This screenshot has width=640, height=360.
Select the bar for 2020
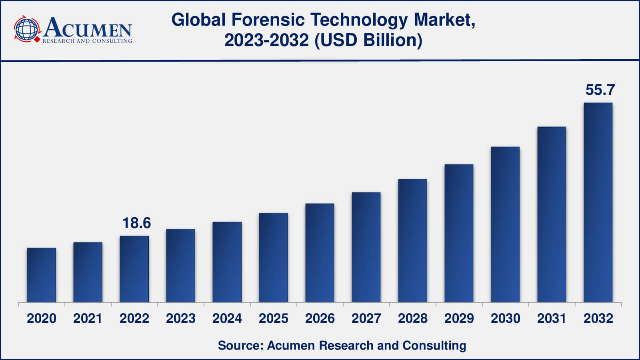coord(42,275)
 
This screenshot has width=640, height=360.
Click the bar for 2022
coord(134,269)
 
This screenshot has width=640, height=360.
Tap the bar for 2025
coord(273,258)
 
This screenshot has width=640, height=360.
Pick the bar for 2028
coord(412,240)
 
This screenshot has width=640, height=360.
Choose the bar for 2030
coord(505,224)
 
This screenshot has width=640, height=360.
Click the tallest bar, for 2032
coord(598,202)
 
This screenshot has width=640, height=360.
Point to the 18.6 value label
coord(136,223)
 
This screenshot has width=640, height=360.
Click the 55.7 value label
coord(600,90)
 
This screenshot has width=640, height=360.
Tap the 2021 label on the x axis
coord(88,318)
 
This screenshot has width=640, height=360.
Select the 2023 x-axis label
coord(180,318)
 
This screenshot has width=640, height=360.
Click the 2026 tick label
coord(320,318)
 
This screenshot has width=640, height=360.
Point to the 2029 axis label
coord(459,318)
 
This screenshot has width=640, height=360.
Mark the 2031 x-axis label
coord(552,318)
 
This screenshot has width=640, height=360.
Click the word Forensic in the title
coord(268,20)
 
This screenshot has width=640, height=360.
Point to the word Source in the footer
coord(239,345)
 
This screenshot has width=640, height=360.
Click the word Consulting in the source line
coord(434,345)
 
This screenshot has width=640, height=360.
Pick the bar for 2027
coord(366,247)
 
